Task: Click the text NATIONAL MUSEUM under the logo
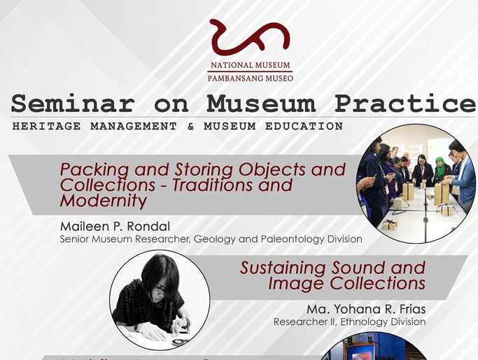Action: coord(250,66)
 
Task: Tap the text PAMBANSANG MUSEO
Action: coord(250,78)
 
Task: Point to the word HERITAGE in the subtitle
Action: coord(43,127)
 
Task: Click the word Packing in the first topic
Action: coord(94,170)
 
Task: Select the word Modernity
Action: coord(104,201)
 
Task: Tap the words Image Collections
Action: coord(346,284)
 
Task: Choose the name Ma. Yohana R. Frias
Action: coord(366,309)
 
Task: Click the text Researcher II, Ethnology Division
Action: coord(349,322)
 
